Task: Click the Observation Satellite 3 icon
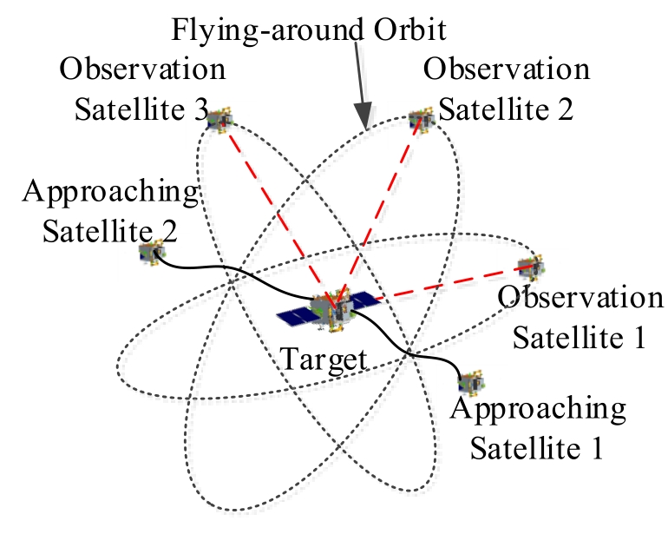(219, 120)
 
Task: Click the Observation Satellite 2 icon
(422, 120)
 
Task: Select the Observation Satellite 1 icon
(531, 267)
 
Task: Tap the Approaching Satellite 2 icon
(152, 253)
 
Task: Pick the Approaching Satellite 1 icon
(472, 382)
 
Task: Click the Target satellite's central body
(331, 311)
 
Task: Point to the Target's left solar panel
(295, 314)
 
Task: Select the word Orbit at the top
(409, 30)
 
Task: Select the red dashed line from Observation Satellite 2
(378, 212)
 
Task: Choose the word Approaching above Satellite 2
(111, 193)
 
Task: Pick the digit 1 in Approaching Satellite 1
(597, 448)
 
